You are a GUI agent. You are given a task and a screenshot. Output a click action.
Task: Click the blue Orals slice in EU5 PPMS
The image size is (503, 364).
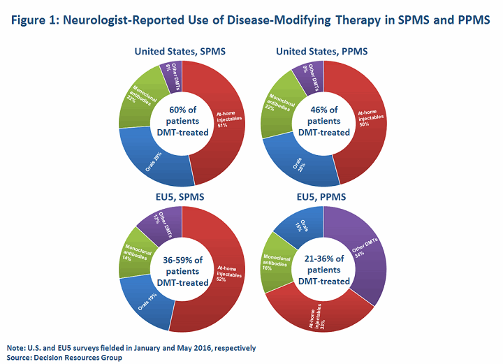[x=298, y=225]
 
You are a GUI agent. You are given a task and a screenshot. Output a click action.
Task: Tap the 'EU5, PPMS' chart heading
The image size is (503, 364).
[x=323, y=198]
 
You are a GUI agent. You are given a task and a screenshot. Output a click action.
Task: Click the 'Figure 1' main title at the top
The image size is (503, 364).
[x=251, y=20]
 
